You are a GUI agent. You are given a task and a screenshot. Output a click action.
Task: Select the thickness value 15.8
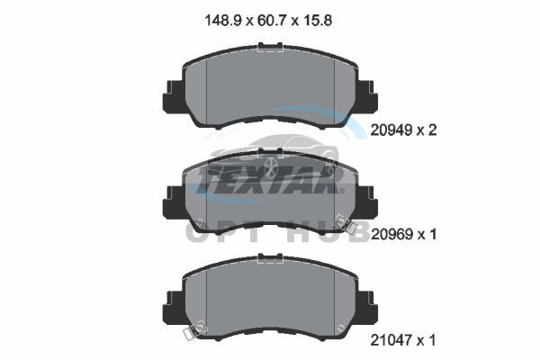[318, 21]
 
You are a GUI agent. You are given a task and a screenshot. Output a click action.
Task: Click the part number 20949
[391, 130]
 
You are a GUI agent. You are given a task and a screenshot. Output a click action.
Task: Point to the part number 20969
[391, 235]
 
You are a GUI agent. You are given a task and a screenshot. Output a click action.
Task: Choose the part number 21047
[391, 341]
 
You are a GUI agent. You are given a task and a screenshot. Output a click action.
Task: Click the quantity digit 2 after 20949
[432, 130]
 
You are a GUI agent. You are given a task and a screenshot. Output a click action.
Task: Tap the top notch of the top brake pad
[270, 46]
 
